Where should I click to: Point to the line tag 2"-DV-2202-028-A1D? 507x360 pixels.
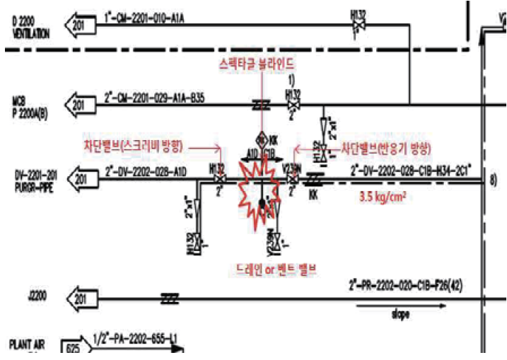(x=146, y=170)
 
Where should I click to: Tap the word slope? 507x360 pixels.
(x=400, y=314)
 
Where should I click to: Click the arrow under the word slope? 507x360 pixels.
(x=400, y=306)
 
